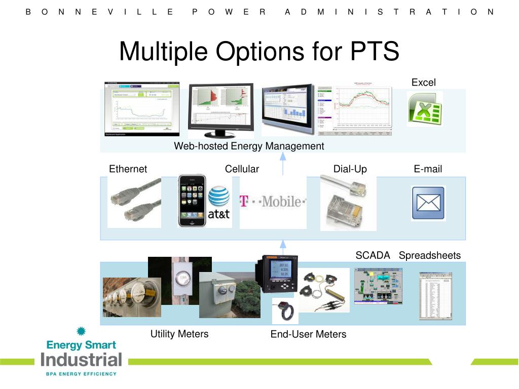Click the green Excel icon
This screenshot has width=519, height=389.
click(x=425, y=108)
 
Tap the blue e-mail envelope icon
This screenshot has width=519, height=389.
click(x=428, y=203)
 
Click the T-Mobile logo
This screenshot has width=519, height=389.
click(x=273, y=202)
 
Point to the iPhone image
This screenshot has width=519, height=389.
click(x=192, y=201)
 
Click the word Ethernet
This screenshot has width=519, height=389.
click(x=128, y=169)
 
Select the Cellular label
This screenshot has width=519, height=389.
click(x=242, y=169)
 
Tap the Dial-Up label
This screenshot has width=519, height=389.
click(x=350, y=169)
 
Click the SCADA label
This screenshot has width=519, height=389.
click(x=373, y=255)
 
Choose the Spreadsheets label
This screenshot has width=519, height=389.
click(x=430, y=255)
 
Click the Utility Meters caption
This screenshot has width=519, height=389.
click(x=179, y=334)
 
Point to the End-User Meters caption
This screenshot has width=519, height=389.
click(x=308, y=334)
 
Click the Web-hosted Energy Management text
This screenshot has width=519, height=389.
click(x=249, y=146)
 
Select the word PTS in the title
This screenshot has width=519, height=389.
click(x=375, y=51)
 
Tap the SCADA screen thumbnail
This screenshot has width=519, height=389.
click(x=378, y=286)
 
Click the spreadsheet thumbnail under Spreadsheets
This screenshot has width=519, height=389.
click(x=435, y=296)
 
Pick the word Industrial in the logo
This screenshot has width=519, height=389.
click(x=82, y=360)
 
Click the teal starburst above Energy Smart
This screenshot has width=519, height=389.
click(x=81, y=332)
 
